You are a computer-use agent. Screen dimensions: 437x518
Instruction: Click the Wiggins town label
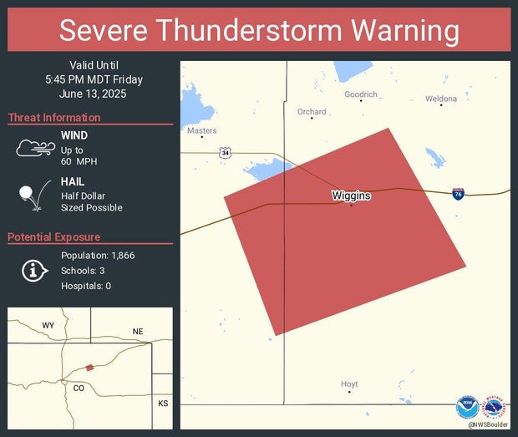(x=351, y=196)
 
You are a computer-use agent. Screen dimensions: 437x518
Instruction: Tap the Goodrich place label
(x=361, y=94)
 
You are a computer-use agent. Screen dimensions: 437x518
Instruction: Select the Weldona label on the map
(x=441, y=99)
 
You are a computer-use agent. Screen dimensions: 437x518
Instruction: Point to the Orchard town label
(x=312, y=111)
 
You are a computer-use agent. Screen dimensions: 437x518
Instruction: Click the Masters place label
(x=202, y=130)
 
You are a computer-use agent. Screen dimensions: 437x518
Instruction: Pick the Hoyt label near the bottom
(x=349, y=384)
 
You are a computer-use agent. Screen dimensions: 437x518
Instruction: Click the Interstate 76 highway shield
(x=459, y=194)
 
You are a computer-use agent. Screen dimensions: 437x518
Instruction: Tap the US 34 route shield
(x=226, y=153)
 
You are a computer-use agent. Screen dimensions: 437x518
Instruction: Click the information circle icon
(x=33, y=270)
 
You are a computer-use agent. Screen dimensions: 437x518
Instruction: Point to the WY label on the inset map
(x=48, y=324)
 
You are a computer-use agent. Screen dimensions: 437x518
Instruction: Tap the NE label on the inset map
(x=138, y=332)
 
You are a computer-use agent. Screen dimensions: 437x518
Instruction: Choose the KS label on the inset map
(x=162, y=403)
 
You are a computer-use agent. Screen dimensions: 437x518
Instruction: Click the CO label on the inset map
(x=79, y=388)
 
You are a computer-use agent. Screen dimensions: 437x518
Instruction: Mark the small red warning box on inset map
(x=89, y=367)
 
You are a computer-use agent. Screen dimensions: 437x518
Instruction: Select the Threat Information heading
(x=54, y=118)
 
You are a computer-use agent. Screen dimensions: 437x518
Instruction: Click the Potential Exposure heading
(x=54, y=237)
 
